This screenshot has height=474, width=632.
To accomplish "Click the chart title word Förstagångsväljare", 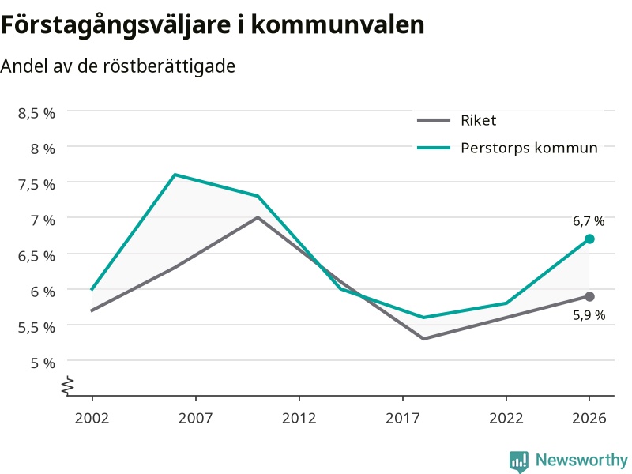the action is click(x=116, y=25).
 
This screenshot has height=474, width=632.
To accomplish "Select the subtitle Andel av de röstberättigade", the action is click(x=118, y=66).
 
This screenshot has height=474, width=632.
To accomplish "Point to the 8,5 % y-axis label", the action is click(x=36, y=113).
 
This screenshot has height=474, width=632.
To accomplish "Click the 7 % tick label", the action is click(x=43, y=220).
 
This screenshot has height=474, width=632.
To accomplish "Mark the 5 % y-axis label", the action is click(x=43, y=363).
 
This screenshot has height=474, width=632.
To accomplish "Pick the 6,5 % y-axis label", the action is click(x=36, y=256).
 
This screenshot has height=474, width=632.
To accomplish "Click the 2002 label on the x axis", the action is click(x=92, y=418).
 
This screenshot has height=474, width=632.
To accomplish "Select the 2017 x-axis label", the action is click(x=403, y=418).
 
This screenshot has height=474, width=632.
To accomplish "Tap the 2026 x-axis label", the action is click(x=589, y=418).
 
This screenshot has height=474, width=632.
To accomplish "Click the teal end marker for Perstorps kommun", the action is click(x=589, y=239).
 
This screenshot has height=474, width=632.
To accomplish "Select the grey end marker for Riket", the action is click(x=589, y=297).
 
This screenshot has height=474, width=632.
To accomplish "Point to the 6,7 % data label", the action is click(x=589, y=221).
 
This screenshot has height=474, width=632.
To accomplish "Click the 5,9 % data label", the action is click(x=589, y=314).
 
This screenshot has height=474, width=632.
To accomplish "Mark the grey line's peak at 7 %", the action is click(x=258, y=218).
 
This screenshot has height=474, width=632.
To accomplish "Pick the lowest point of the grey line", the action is click(x=423, y=339).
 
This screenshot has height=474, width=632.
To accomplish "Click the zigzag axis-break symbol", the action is click(x=68, y=386).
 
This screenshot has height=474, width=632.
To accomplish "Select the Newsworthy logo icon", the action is click(x=519, y=461).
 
